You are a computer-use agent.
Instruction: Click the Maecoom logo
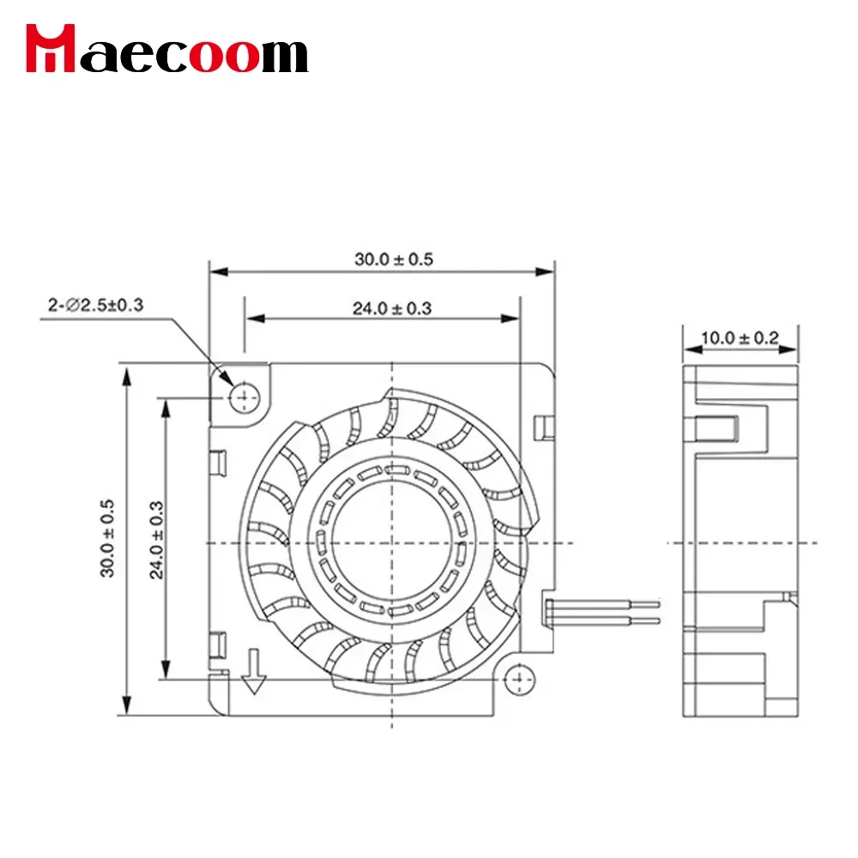click(166, 51)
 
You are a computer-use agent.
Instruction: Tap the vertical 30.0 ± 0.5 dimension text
click(108, 538)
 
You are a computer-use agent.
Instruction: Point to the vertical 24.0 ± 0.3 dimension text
click(158, 538)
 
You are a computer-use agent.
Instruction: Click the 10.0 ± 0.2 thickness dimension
click(739, 338)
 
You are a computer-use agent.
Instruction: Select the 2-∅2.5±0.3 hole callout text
click(95, 305)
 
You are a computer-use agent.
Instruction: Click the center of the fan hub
click(391, 541)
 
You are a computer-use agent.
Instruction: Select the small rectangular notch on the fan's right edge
click(541, 426)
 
